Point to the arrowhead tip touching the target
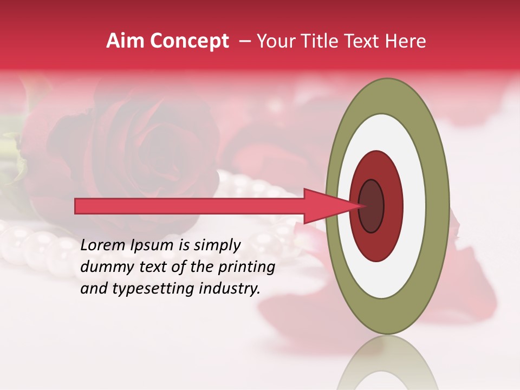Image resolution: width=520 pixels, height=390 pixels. click(x=365, y=206)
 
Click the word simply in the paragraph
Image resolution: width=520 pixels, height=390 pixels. click(x=217, y=246)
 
